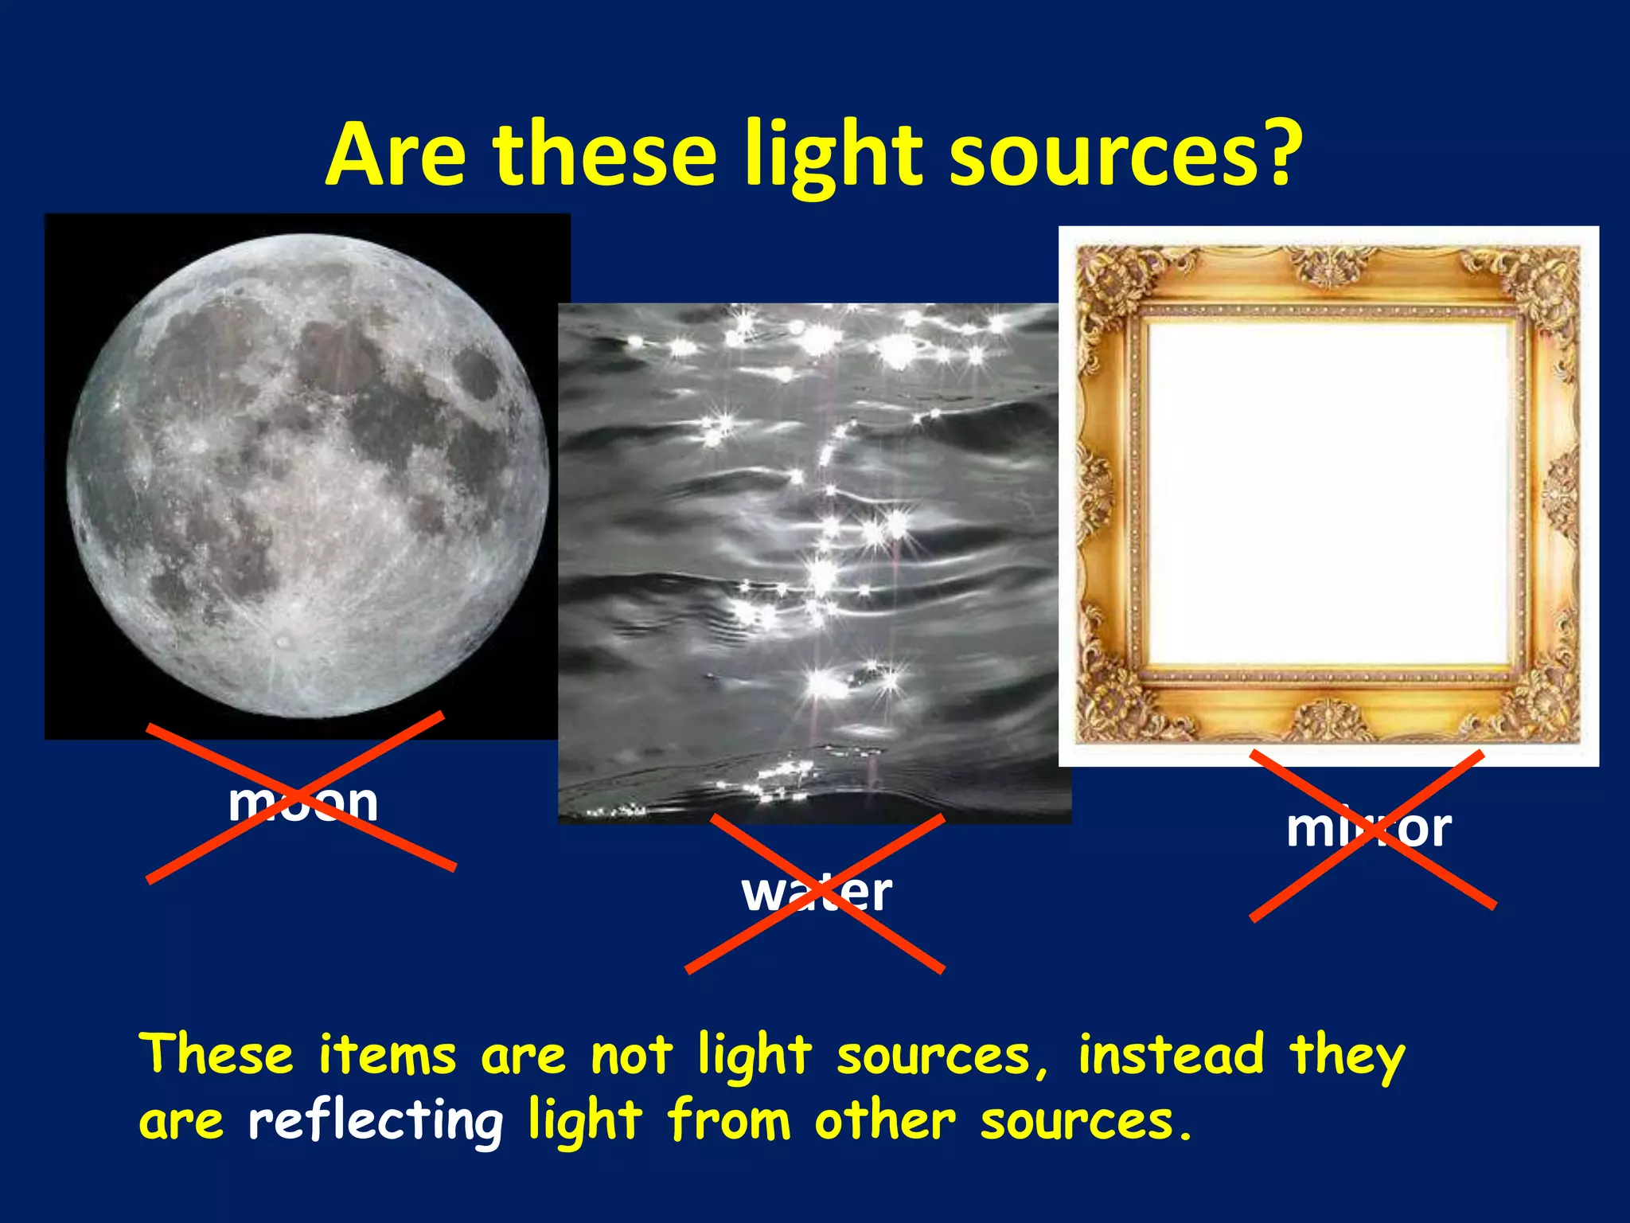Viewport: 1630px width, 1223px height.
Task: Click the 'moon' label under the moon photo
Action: coord(303,802)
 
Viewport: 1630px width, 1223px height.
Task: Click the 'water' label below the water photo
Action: coord(817,893)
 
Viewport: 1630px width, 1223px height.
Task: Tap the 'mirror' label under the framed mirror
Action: coord(1369,829)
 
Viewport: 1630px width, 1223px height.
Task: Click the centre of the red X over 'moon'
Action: coord(300,796)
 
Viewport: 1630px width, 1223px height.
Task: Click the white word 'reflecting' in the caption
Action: coord(375,1121)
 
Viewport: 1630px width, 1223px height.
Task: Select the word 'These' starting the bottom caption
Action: coord(216,1054)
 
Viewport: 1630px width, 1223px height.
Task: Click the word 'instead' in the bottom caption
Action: coord(1171,1054)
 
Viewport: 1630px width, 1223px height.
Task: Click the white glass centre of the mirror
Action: coord(1328,494)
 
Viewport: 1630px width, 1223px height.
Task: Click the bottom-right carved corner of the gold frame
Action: coord(1544,705)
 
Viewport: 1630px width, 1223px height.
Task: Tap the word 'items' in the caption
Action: coord(388,1054)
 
